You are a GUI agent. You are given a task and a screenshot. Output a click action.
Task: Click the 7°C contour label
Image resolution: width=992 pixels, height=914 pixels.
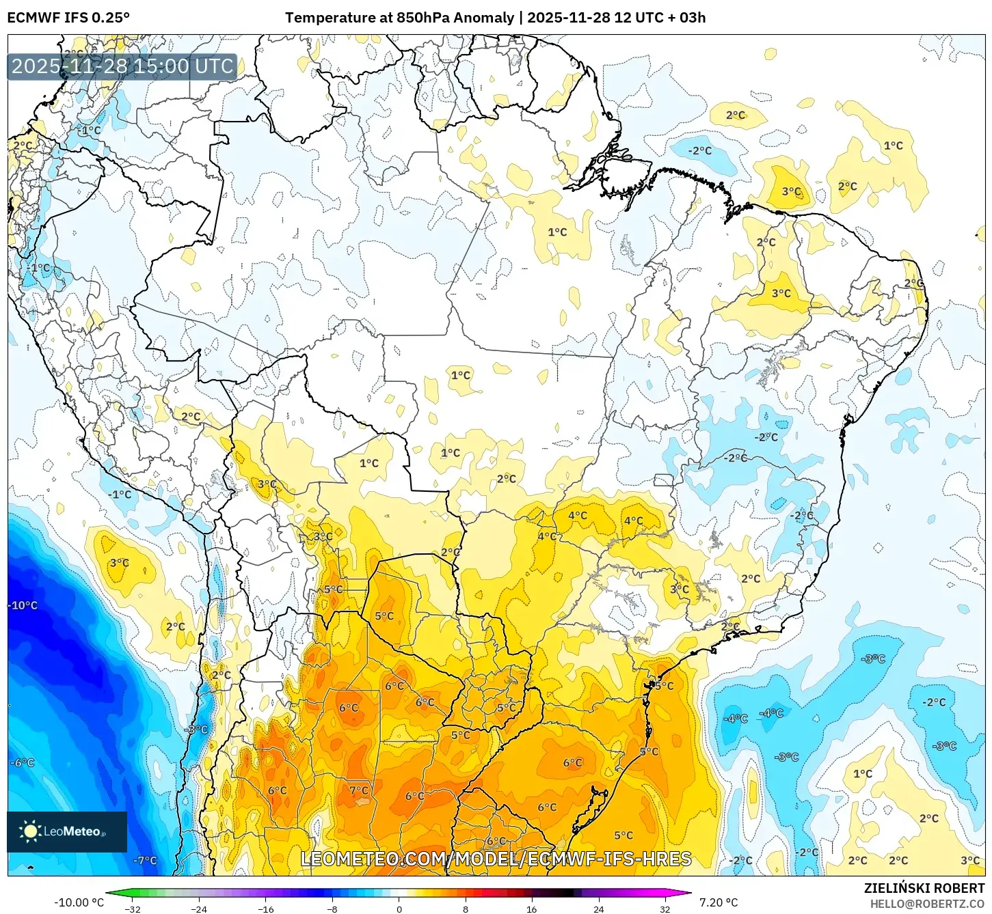(x=359, y=790)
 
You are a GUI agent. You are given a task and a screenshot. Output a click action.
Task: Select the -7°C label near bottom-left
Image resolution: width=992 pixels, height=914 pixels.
(x=145, y=860)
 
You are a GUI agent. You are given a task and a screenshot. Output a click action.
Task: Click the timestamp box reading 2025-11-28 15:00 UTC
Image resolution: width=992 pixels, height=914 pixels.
(x=122, y=66)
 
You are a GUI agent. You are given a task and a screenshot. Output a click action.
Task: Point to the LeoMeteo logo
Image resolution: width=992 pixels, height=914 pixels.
(x=66, y=831)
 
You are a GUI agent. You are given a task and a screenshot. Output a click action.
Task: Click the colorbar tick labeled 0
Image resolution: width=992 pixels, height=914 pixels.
(x=399, y=909)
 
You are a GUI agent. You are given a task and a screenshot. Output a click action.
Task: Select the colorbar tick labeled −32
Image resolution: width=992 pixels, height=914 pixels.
(x=132, y=909)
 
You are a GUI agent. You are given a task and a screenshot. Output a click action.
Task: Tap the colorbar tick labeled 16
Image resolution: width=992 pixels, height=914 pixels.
(x=532, y=909)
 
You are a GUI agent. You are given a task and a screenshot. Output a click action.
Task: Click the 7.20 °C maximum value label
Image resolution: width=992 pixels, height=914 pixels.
(x=718, y=902)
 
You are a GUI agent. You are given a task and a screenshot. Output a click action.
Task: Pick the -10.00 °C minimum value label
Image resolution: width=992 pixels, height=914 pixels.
(x=79, y=902)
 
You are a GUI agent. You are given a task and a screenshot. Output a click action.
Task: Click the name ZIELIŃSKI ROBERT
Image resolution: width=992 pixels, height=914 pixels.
(x=924, y=888)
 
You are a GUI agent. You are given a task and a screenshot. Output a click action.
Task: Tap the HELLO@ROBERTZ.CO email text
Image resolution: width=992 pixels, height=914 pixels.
(x=927, y=904)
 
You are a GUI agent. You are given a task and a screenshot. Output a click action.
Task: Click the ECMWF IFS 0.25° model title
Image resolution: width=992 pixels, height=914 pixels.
(x=68, y=18)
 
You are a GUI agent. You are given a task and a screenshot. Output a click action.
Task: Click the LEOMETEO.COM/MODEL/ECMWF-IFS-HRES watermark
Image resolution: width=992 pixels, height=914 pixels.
(x=496, y=859)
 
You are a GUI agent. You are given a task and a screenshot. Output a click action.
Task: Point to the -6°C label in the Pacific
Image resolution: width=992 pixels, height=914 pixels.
(x=23, y=762)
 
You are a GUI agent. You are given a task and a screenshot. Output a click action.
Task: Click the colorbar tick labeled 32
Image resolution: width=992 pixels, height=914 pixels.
(x=665, y=909)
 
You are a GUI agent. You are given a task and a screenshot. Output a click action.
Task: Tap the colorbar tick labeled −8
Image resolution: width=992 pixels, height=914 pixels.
(x=332, y=909)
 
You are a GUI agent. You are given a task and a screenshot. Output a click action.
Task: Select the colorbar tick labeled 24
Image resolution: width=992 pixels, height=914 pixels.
(x=599, y=909)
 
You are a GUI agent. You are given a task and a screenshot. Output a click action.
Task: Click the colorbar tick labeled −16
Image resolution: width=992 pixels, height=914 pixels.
(x=265, y=909)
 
